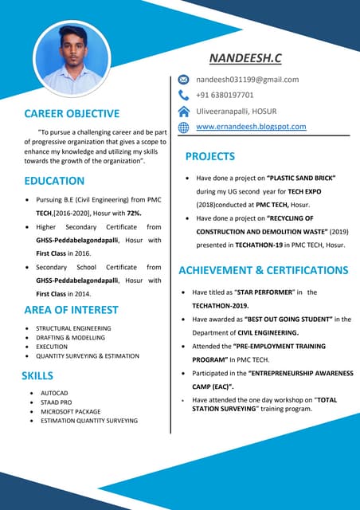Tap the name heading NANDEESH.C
coord(246,58)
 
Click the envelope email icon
coord(183,80)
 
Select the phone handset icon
coord(183,95)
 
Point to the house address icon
coord(183,111)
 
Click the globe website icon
coord(183,127)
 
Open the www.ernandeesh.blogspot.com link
coord(251,127)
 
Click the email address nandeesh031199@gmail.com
coord(247,80)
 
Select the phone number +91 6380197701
coord(225,95)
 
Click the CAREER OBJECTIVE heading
coord(72,113)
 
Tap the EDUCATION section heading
coord(60,181)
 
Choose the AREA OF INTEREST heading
coord(71,309)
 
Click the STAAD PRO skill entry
coord(58,402)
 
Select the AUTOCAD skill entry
coord(55,394)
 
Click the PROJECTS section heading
coord(209,156)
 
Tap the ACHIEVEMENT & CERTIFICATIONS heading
coord(263,270)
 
